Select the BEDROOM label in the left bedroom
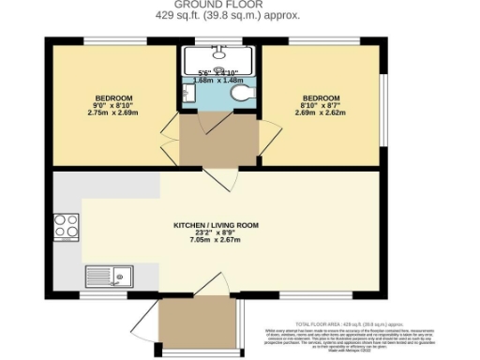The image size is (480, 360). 113,97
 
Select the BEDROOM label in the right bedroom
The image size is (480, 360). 320,97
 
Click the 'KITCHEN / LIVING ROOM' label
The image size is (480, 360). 217,226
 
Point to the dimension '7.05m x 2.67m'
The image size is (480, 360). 217,241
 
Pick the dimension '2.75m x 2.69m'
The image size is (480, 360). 113,112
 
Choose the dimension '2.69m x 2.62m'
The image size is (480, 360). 320,112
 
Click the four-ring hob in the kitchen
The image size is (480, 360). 67,227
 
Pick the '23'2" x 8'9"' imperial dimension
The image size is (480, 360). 217,233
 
